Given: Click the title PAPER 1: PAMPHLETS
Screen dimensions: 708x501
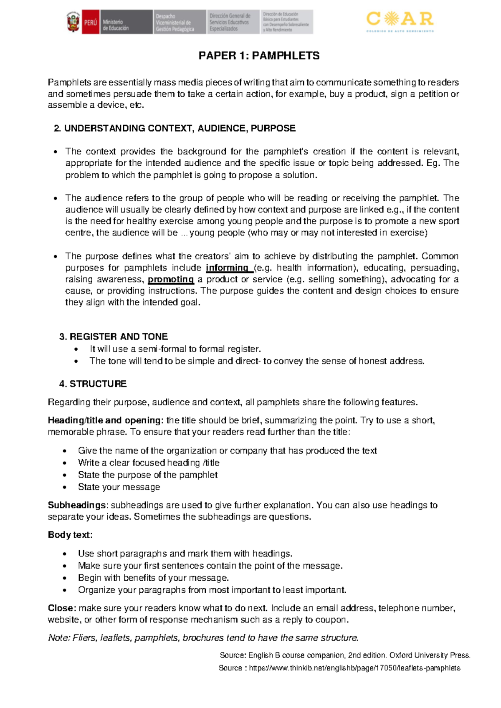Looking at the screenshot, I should tap(259, 56).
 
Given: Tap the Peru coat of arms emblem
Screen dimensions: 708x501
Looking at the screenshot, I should tap(73, 22).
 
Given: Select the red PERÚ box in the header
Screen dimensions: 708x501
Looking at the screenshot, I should tap(90, 22).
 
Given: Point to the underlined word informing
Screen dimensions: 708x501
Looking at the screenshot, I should tap(228, 268).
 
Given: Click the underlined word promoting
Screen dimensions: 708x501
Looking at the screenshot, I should tap(171, 280).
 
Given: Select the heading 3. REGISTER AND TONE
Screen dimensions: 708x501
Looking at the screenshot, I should tap(114, 337).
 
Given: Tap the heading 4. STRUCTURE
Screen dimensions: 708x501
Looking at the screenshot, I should tap(93, 384).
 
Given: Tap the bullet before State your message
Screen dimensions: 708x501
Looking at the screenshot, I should tap(65, 487).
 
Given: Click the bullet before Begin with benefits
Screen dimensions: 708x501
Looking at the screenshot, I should tap(65, 578).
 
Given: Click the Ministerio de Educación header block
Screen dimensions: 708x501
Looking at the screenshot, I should tap(125, 22).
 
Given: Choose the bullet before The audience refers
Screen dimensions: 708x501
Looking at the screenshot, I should tap(56, 199).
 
